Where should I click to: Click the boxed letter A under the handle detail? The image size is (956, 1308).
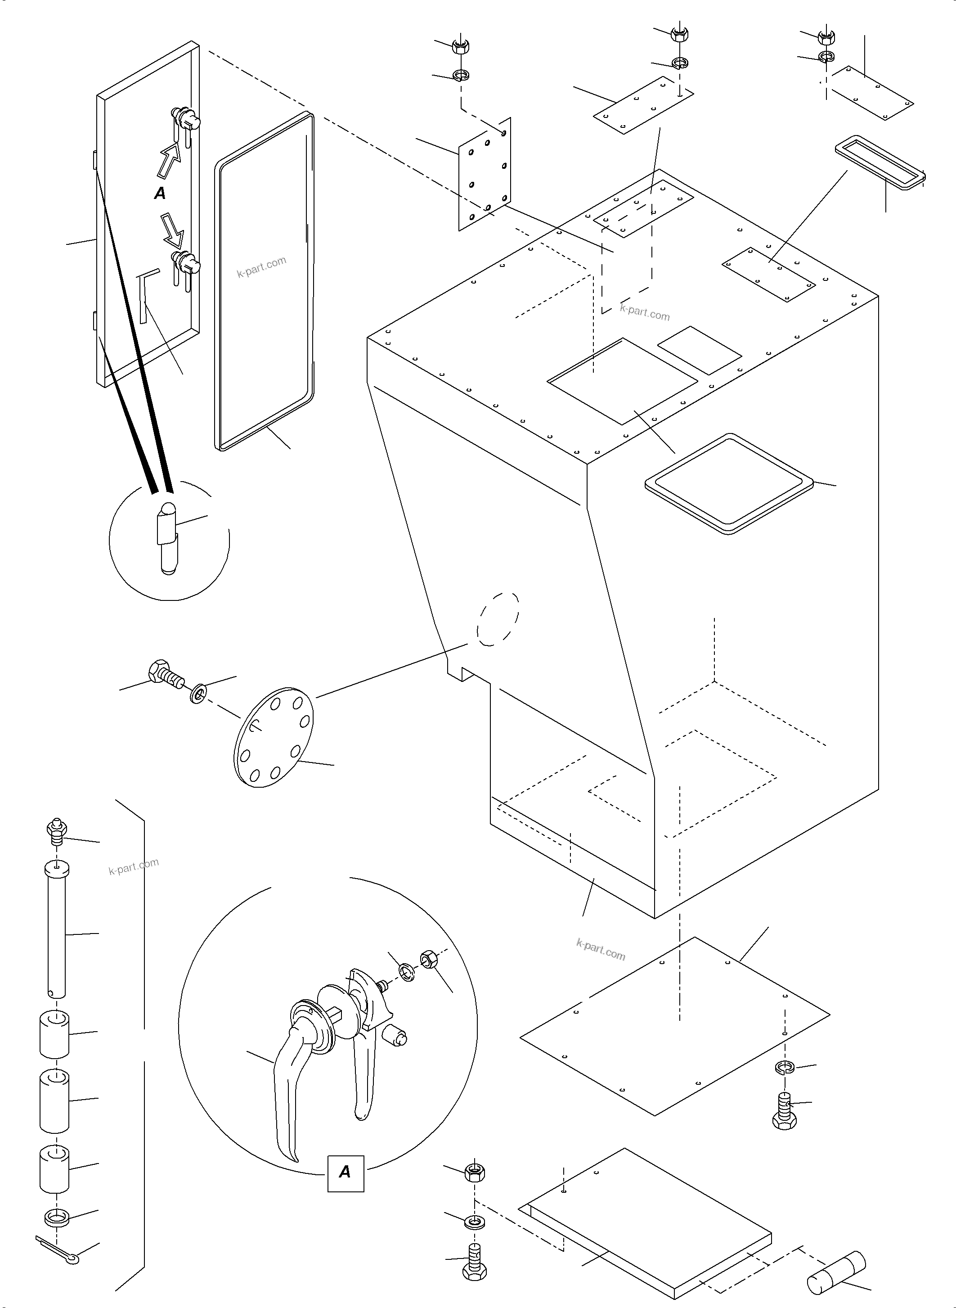[346, 1173]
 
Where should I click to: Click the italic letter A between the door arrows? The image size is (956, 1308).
[160, 194]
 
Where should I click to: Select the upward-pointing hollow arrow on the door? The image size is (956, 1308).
[168, 159]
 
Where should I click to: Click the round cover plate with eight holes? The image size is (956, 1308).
[275, 736]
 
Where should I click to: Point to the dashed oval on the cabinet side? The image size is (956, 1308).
[498, 619]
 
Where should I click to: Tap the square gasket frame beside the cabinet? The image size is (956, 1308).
[729, 483]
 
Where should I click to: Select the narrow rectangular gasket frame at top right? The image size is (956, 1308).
[880, 162]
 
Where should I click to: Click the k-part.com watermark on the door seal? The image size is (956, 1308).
[261, 267]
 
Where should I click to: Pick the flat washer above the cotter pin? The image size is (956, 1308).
[56, 1217]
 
